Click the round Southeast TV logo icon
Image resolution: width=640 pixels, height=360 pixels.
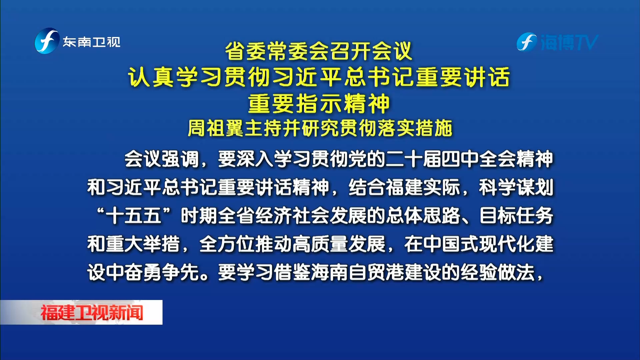coord(47,41)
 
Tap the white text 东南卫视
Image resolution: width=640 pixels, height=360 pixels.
coord(92,42)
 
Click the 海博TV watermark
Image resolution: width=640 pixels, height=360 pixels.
coord(557,42)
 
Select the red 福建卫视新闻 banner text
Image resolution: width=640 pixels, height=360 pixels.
coord(92,313)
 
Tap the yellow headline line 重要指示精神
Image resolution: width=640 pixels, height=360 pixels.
coord(319,104)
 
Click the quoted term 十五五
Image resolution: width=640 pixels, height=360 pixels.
coord(134,216)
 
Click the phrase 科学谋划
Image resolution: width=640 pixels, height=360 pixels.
coord(516,187)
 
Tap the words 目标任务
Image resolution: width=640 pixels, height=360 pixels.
coord(516,216)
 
